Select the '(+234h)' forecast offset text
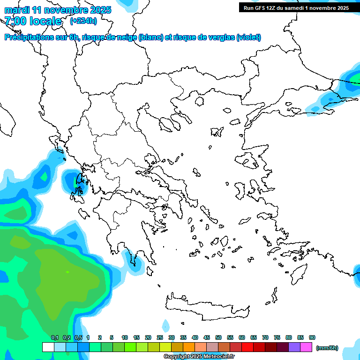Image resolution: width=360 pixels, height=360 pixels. click(83, 21)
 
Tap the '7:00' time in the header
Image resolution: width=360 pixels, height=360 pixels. click(15, 21)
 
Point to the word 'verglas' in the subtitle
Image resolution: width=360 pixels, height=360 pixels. click(221, 37)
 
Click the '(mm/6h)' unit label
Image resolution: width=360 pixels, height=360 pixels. click(327, 348)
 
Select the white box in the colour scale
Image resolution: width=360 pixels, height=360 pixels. click(48, 347)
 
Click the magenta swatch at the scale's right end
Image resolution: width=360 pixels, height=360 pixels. click(306, 347)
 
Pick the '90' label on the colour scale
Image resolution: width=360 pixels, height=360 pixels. click(312, 337)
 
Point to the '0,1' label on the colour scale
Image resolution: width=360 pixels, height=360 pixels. click(55, 337)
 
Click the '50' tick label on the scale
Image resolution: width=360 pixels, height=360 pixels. click(218, 337)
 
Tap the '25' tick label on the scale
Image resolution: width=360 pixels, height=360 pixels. click(160, 337)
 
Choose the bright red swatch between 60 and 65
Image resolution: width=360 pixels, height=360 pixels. click(247, 347)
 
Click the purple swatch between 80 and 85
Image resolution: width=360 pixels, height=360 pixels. click(294, 347)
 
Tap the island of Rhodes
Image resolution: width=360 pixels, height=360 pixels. click(299, 273)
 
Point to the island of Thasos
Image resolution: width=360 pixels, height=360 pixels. click(199, 101)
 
